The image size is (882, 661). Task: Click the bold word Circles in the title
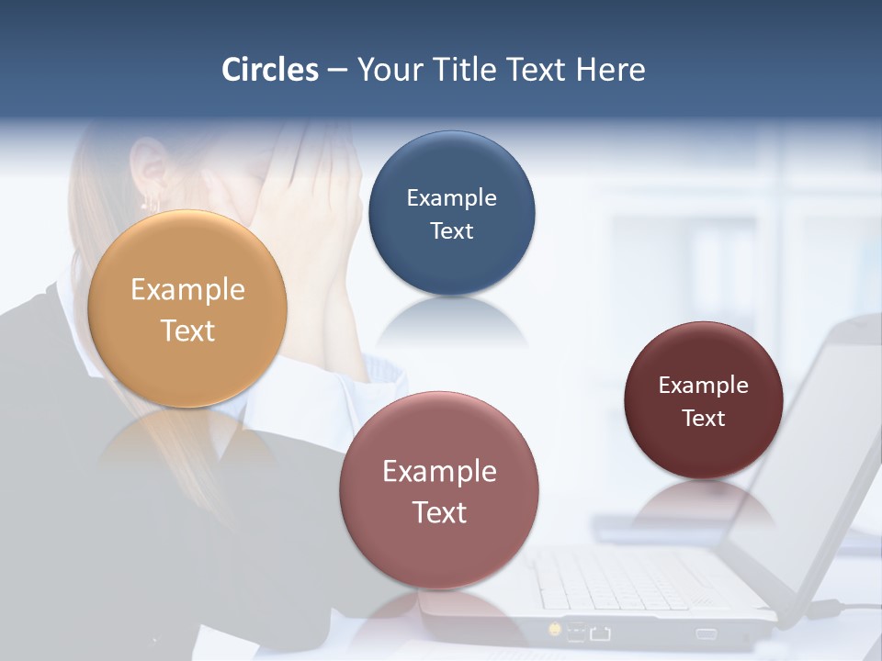pyautogui.click(x=270, y=70)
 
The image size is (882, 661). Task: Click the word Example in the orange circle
pyautogui.click(x=187, y=290)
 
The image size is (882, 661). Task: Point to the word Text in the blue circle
pyautogui.click(x=451, y=230)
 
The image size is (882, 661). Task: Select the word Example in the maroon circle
pyautogui.click(x=704, y=385)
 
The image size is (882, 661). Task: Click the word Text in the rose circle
pyautogui.click(x=439, y=512)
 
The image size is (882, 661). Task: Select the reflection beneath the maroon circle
pyautogui.click(x=703, y=500)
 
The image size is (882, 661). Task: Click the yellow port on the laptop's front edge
pyautogui.click(x=555, y=629)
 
